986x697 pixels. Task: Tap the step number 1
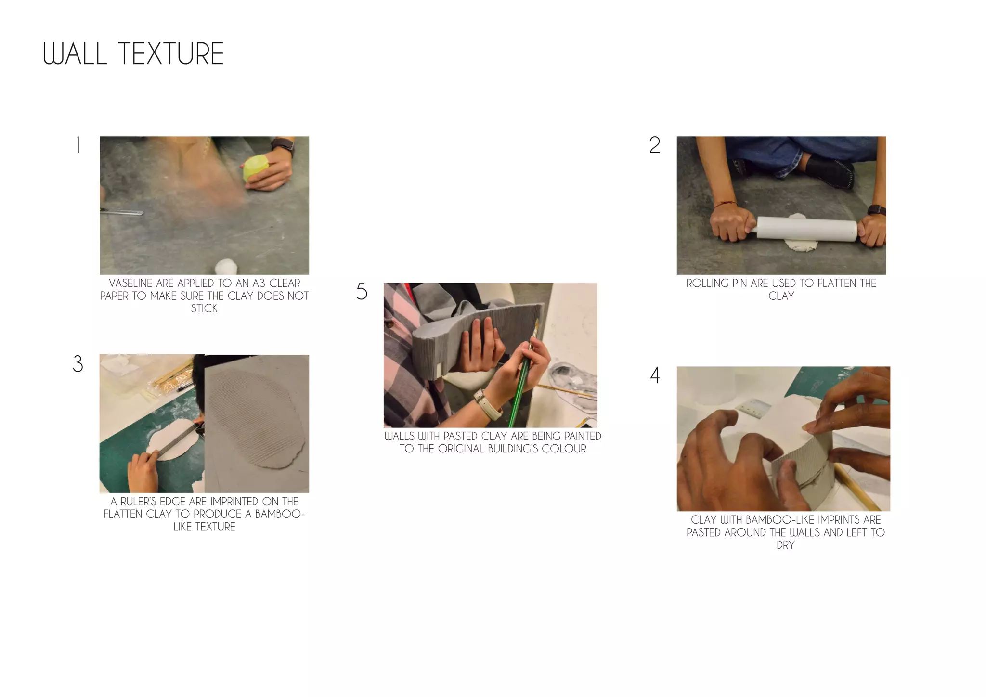point(78,145)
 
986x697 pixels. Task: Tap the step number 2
point(655,145)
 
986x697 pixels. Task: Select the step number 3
point(78,364)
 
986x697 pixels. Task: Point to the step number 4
point(655,375)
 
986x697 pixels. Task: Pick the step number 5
point(362,292)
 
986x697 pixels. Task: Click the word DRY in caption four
point(785,545)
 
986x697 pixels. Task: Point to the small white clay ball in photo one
point(224,266)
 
